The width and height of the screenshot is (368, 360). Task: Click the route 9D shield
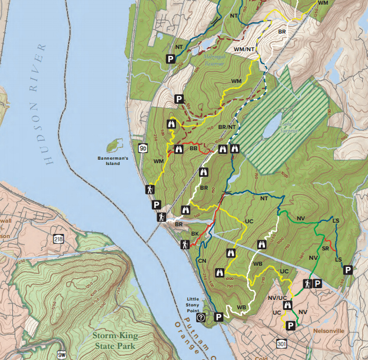point(143,147)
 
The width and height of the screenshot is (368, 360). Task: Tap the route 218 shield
point(57,239)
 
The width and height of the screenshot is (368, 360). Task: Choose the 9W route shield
point(62,355)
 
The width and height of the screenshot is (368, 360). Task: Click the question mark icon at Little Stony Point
point(201,317)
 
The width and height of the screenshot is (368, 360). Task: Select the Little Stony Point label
point(194,302)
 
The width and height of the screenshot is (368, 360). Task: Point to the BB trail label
point(193,150)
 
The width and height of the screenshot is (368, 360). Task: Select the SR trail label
point(325,240)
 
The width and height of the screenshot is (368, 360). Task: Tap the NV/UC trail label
point(277,298)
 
